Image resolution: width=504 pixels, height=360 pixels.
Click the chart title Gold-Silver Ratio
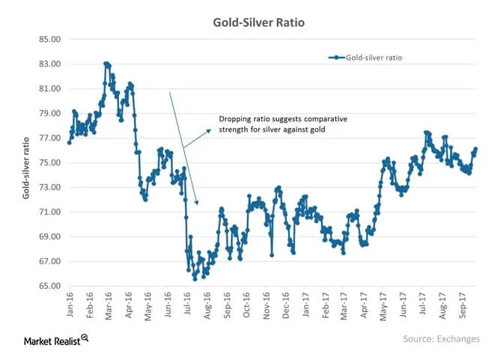[x=252, y=20]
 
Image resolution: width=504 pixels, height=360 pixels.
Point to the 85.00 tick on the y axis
[x=49, y=40]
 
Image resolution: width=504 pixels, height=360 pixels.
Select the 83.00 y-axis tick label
[x=49, y=64]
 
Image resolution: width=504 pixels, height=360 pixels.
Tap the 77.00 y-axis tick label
[x=49, y=138]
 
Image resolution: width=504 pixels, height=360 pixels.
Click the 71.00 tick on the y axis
[x=49, y=213]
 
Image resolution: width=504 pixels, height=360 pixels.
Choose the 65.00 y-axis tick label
[x=49, y=287]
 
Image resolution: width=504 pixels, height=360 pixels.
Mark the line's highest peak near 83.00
[x=106, y=64]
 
